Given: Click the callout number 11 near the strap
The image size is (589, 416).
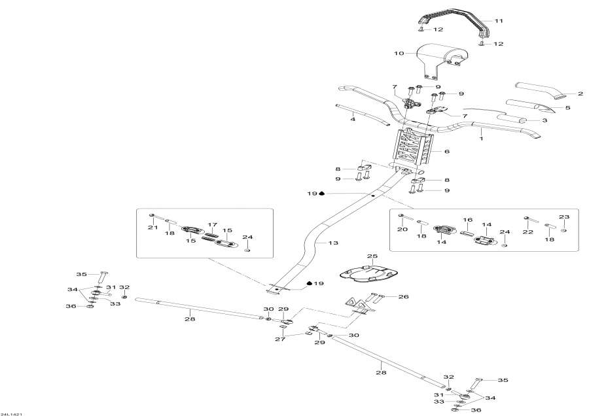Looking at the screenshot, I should [x=499, y=22].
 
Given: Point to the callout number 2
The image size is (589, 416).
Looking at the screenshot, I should [x=562, y=94].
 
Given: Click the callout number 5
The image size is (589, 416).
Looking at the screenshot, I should [x=567, y=107].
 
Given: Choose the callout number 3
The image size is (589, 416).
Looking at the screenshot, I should [x=544, y=121].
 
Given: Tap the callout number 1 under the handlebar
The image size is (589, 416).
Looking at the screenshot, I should [x=481, y=138].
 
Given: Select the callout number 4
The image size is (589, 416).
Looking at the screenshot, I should [x=353, y=119].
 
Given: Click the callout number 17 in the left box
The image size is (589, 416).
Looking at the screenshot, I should [x=212, y=224].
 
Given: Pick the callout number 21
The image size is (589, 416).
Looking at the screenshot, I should [x=153, y=227].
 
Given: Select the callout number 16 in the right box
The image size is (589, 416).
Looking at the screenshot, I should [x=468, y=220].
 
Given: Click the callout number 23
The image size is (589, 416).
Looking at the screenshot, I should [x=564, y=217].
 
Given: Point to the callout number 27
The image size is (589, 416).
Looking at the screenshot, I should [x=281, y=340].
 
